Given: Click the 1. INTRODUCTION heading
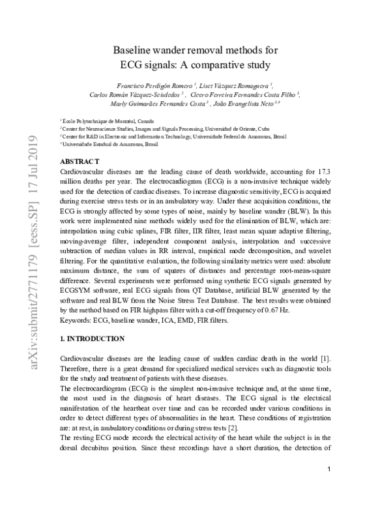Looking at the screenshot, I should (x=91, y=339).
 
